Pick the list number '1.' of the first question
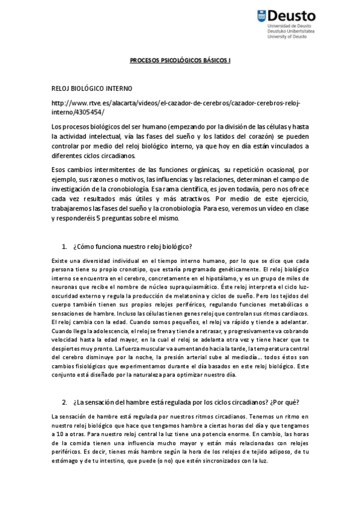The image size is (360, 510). [65, 247]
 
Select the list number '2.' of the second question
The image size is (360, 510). [64, 402]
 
